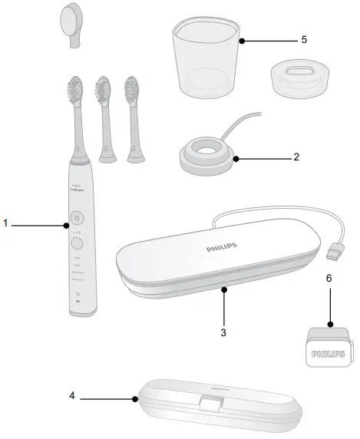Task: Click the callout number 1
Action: pos(5,224)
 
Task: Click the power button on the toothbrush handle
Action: pos(77,219)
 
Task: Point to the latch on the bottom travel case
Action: pos(205,403)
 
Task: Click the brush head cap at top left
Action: pos(71,19)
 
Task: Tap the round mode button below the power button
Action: pos(77,243)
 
